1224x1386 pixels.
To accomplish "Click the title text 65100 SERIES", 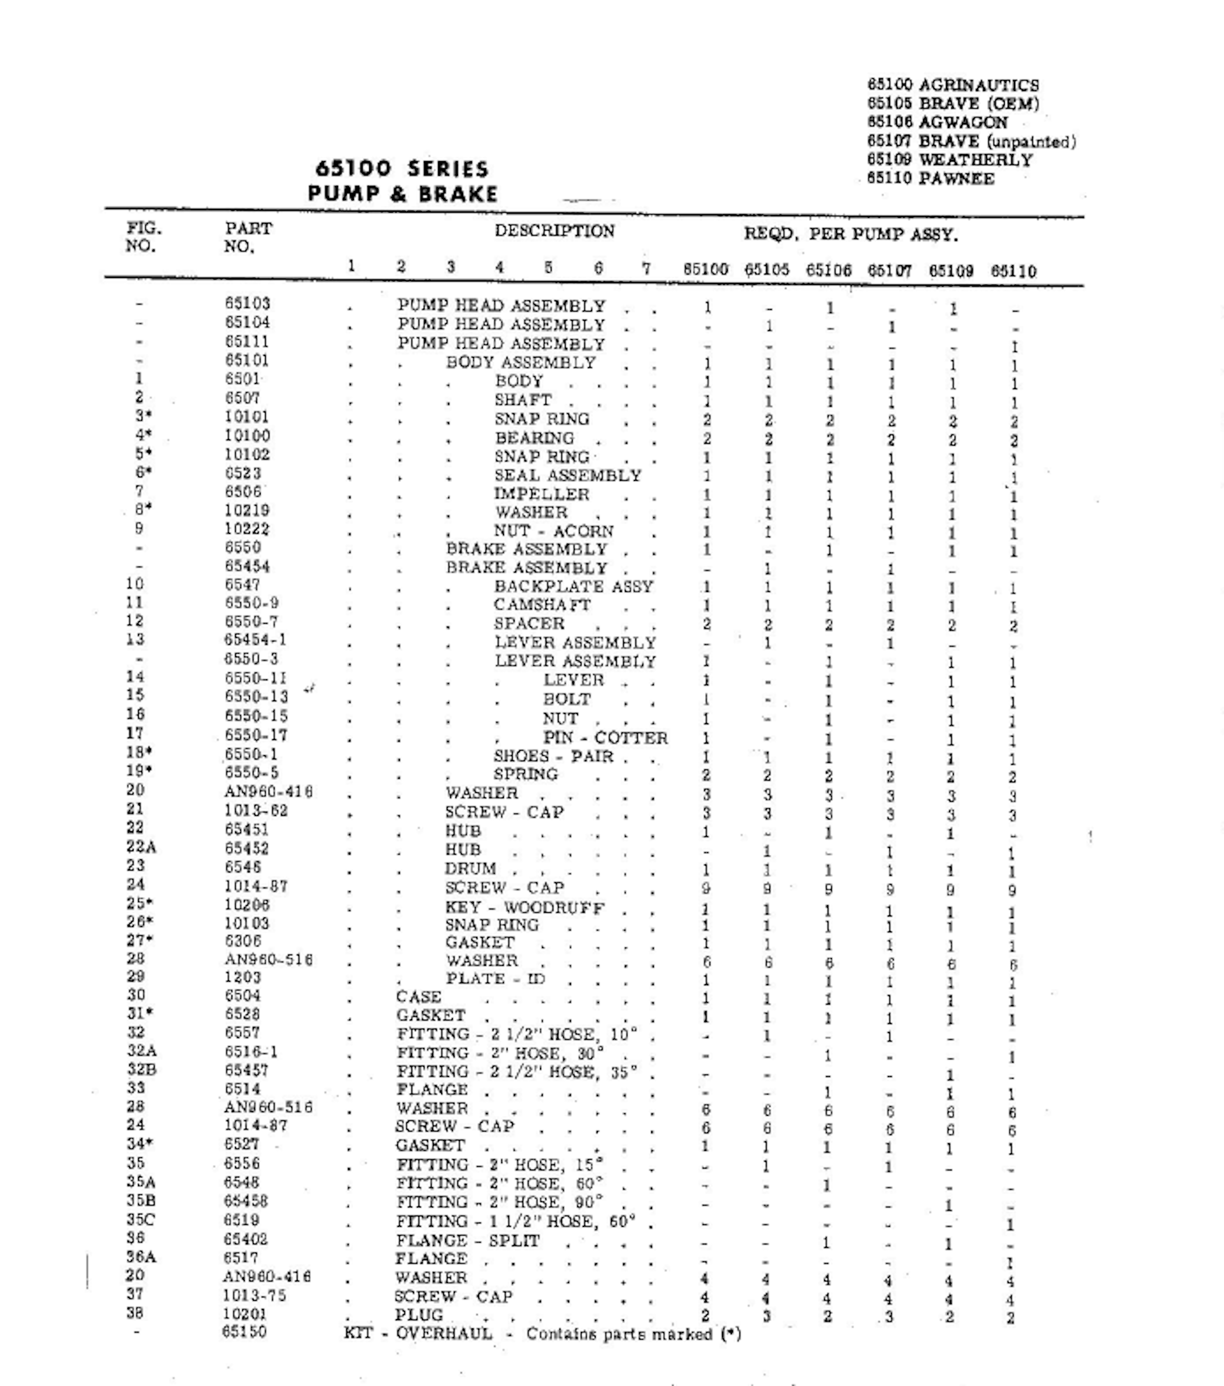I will (401, 168).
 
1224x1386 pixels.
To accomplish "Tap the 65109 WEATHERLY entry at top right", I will (949, 161).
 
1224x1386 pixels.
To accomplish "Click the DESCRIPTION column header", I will (554, 231).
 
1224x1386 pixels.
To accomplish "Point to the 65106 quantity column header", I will (828, 271).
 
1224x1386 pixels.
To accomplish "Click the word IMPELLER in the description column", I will (541, 494).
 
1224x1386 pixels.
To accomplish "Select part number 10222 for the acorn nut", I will (247, 529).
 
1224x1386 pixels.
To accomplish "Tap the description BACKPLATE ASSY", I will (573, 586).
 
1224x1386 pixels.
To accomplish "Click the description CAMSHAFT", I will (542, 605).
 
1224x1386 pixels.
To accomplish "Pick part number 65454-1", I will (255, 640).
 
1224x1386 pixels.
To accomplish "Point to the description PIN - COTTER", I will (605, 738).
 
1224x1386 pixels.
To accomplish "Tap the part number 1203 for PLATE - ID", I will (243, 978).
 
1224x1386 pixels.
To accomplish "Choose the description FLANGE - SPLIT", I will (467, 1240).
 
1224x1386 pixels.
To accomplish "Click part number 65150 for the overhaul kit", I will (244, 1332).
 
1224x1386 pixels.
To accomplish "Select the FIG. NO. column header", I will (143, 236).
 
